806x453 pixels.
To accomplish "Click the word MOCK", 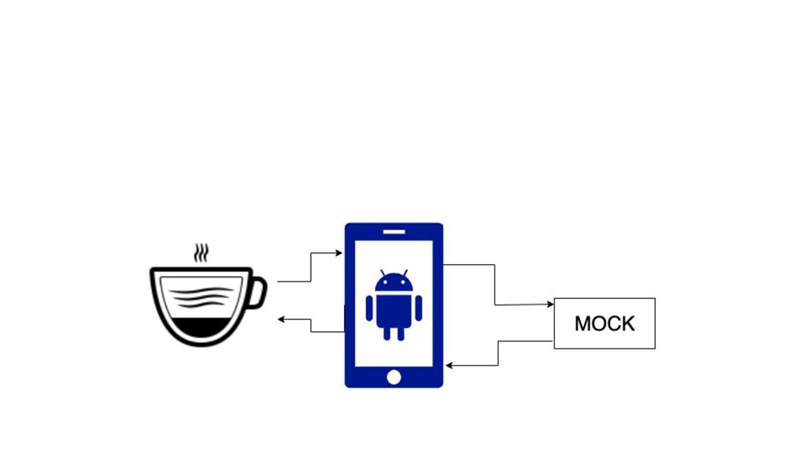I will pyautogui.click(x=604, y=324).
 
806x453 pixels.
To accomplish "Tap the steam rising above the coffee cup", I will pyautogui.click(x=202, y=253).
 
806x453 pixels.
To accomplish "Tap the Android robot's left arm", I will pyautogui.click(x=369, y=308).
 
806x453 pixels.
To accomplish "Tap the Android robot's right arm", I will pyautogui.click(x=419, y=308).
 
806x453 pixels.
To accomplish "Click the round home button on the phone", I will pyautogui.click(x=394, y=377).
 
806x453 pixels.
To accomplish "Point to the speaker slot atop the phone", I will pyautogui.click(x=394, y=231).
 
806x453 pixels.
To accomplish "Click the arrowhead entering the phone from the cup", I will pyautogui.click(x=339, y=253).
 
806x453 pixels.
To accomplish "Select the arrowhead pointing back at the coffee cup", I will pyautogui.click(x=281, y=319).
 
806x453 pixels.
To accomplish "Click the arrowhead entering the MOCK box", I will pyautogui.click(x=550, y=304).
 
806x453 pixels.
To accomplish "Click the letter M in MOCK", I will pyautogui.click(x=583, y=324).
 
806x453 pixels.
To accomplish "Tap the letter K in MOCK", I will pyautogui.click(x=627, y=324).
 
